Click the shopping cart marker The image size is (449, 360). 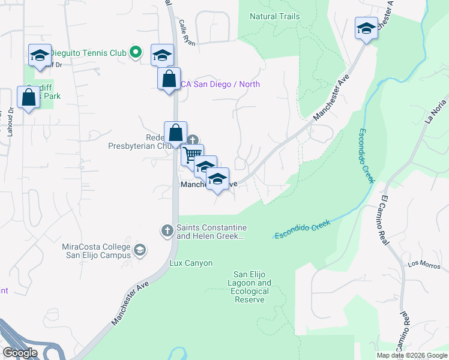pyautogui.click(x=192, y=155)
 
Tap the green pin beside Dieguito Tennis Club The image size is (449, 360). pyautogui.click(x=136, y=53)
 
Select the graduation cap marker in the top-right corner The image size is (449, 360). pyautogui.click(x=366, y=28)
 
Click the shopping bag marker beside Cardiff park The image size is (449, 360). pyautogui.click(x=28, y=97)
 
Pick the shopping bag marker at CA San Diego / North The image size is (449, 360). pyautogui.click(x=169, y=78)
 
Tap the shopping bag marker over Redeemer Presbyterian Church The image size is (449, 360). pyautogui.click(x=175, y=133)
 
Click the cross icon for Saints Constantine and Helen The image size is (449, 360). pyautogui.click(x=167, y=230)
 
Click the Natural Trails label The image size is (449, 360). pyautogui.click(x=274, y=16)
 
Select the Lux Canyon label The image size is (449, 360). pyautogui.click(x=191, y=263)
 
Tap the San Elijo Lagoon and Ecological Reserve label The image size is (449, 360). pyautogui.click(x=252, y=287)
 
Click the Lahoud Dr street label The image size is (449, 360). pyautogui.click(x=10, y=122)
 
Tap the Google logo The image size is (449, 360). pyautogui.click(x=20, y=353)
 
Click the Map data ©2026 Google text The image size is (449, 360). pyautogui.click(x=412, y=355)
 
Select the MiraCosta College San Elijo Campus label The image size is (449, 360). pyautogui.click(x=96, y=251)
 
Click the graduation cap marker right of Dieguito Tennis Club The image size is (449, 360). pyautogui.click(x=162, y=55)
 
